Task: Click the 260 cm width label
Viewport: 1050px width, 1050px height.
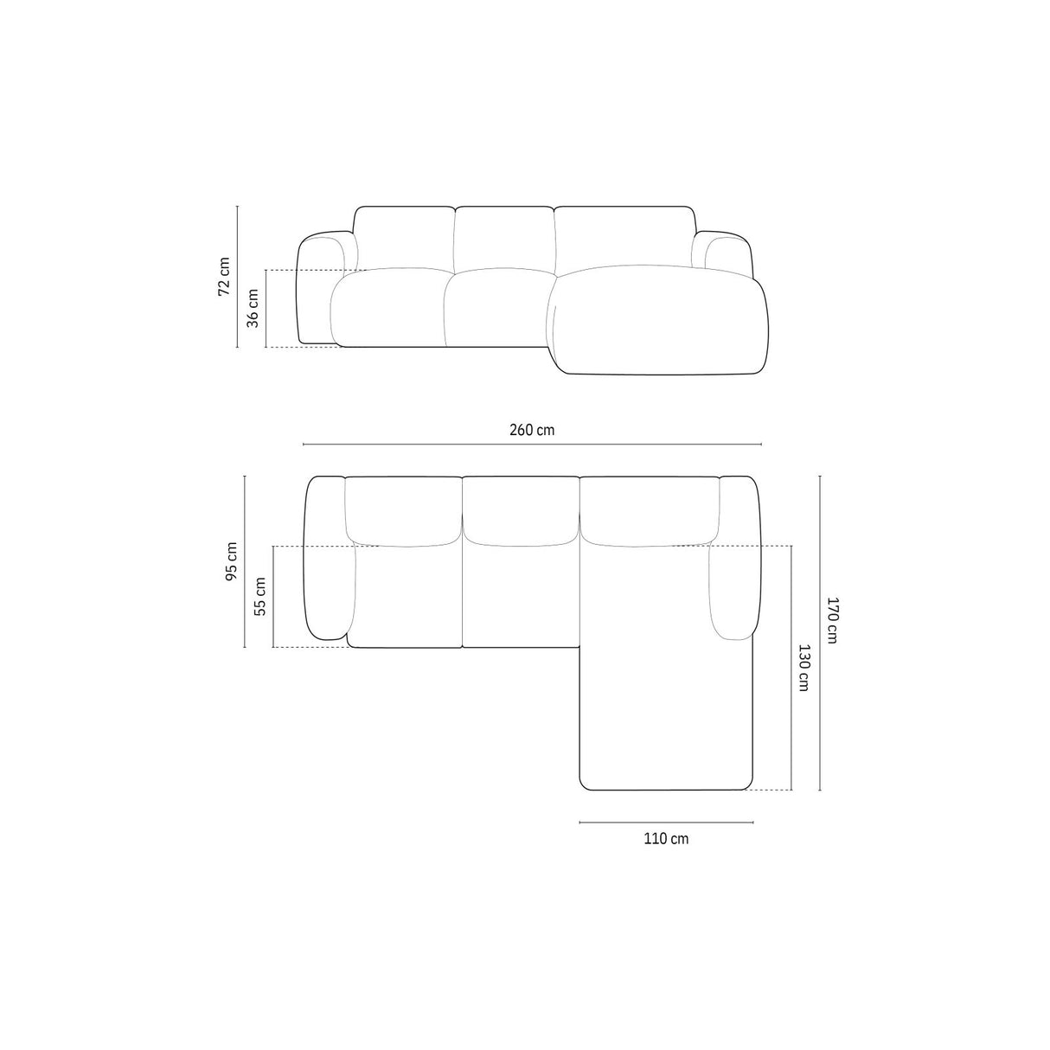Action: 532,430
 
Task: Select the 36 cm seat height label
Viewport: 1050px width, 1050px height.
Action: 253,308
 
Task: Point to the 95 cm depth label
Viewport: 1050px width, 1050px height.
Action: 231,561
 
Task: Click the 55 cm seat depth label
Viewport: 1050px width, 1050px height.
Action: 260,597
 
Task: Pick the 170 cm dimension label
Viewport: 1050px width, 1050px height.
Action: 831,619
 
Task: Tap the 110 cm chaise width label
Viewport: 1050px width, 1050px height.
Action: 666,838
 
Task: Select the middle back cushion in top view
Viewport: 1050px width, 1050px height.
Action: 521,510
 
